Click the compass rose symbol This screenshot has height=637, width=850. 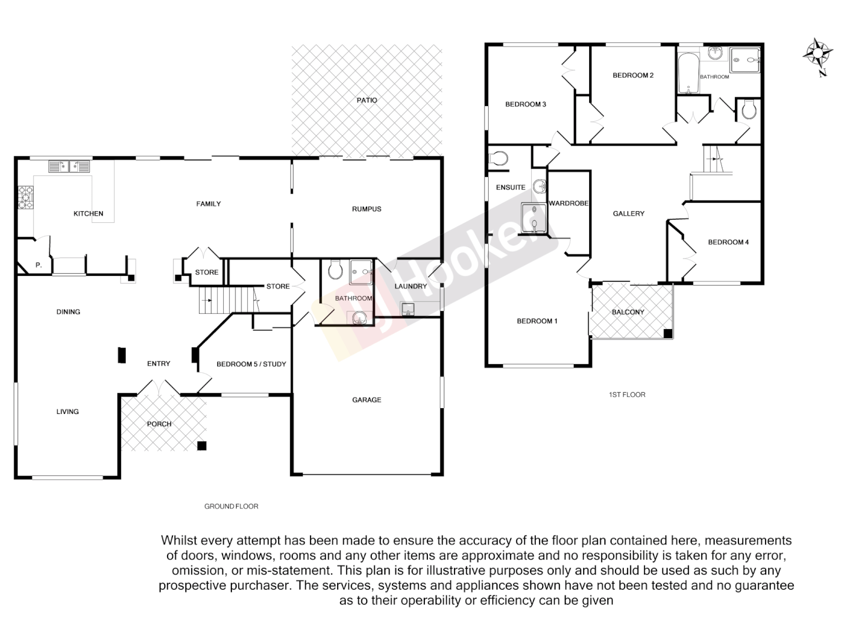818,55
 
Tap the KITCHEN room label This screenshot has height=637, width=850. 89,214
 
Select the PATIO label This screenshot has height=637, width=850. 367,100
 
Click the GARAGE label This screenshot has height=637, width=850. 367,400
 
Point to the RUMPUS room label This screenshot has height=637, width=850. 367,209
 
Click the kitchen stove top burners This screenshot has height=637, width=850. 26,198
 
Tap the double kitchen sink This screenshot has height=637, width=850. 70,166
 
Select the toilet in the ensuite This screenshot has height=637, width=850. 499,158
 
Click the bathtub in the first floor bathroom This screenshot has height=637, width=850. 688,74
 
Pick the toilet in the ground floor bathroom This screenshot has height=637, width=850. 335,270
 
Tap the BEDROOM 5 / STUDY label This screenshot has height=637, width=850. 251,365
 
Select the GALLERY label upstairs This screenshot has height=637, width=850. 629,214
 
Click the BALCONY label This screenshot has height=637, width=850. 628,312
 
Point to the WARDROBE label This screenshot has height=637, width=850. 568,203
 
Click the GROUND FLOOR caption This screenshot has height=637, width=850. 231,506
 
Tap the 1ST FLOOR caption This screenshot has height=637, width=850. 627,395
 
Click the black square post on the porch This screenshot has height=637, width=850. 202,446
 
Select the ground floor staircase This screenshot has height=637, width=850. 227,300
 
